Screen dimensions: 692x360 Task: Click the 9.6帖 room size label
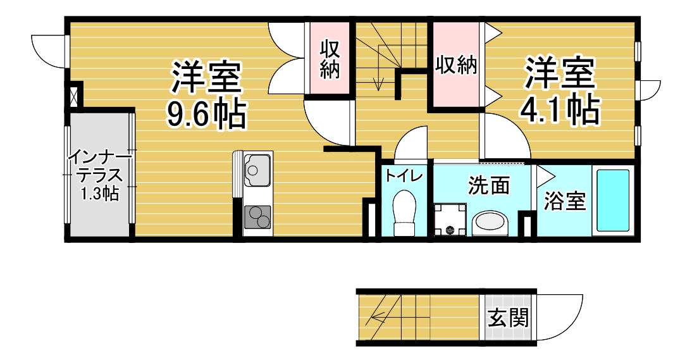pos(206,114)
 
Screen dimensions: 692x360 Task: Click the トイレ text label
pos(404,175)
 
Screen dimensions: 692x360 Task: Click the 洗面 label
pos(489,185)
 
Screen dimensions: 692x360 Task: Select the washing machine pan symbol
pos(450,220)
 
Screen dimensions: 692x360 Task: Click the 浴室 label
pos(565,201)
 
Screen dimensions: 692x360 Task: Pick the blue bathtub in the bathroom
pos(613,201)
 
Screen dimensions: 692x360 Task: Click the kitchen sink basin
pos(256,170)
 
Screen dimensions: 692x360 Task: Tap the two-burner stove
pos(257,216)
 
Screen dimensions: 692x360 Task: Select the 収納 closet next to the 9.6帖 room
pos(330,59)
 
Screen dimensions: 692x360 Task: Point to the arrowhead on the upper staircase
pos(378,84)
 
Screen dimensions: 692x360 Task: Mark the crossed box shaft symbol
pos(74,95)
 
